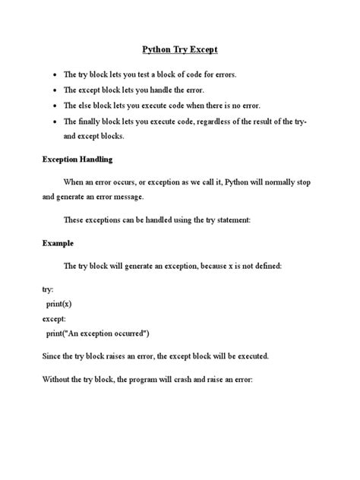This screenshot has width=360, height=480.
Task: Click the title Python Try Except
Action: click(180, 51)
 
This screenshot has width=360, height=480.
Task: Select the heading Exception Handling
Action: click(77, 159)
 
